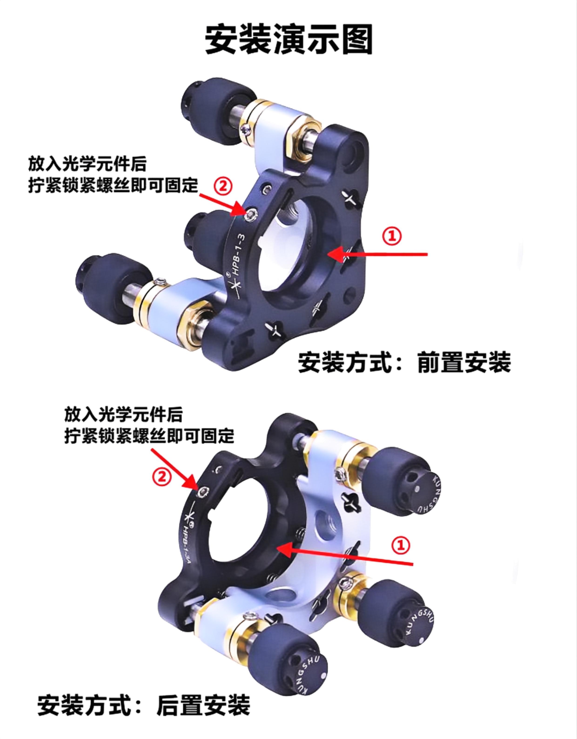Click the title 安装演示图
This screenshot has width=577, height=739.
coord(289,39)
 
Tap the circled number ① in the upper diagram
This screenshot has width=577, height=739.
coord(392,236)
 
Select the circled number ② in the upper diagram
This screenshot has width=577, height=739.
coord(223,186)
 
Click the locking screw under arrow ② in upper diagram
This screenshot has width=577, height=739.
coord(251,215)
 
